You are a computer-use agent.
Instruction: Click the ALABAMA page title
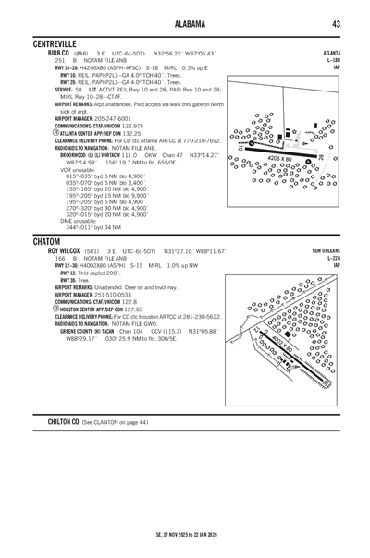click(x=185, y=23)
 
